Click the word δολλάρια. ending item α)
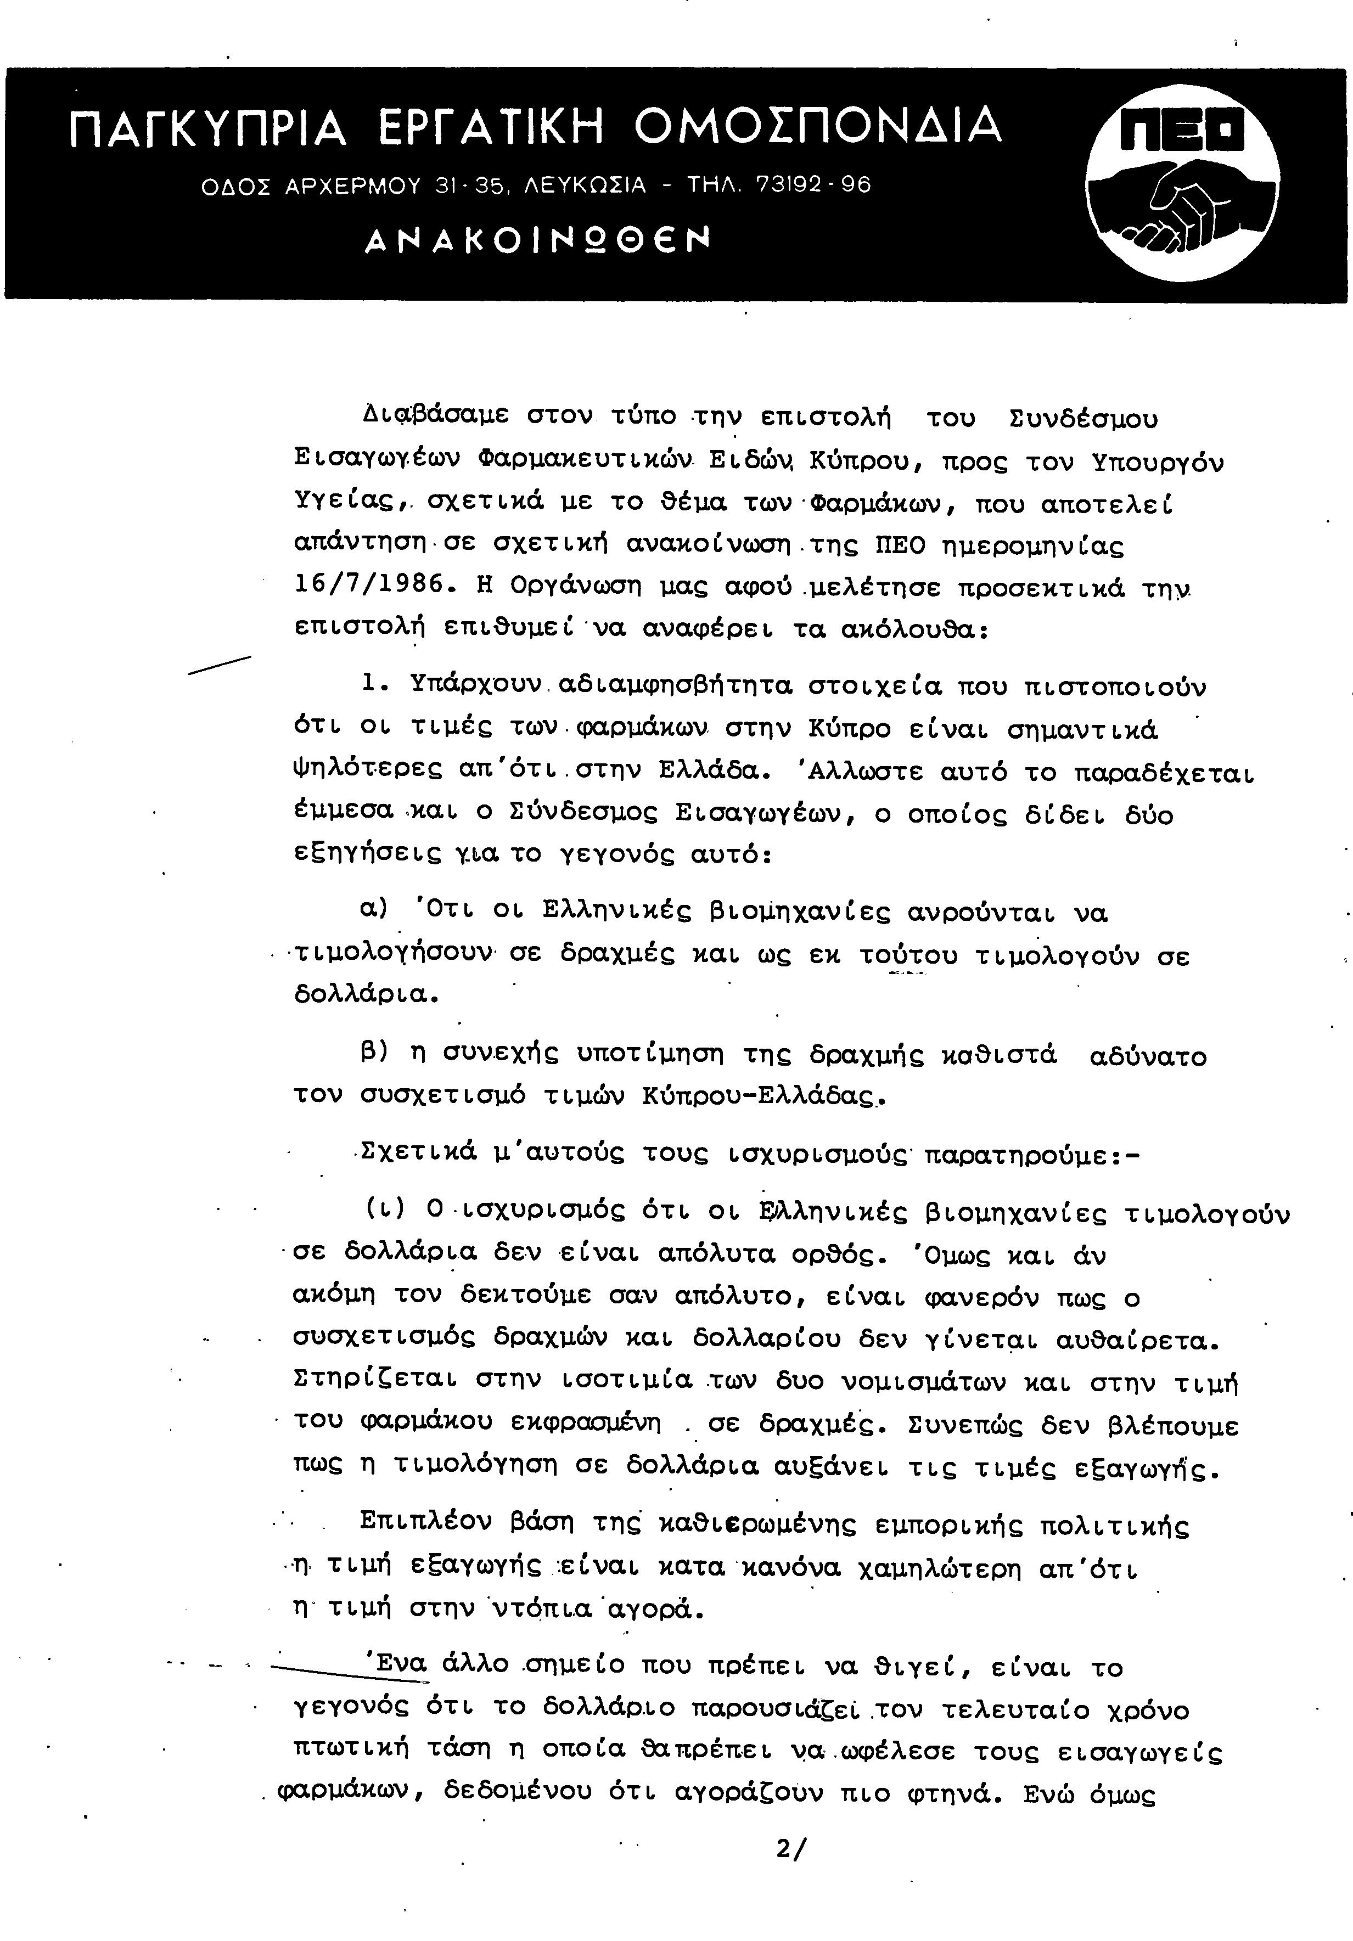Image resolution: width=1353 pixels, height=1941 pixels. click(x=366, y=994)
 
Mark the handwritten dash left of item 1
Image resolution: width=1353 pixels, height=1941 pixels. click(x=220, y=665)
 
